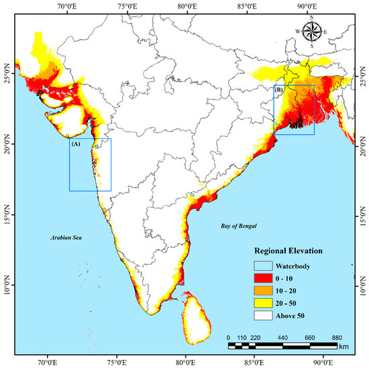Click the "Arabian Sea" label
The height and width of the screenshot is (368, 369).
tap(66, 238)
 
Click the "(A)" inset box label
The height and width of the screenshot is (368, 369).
tap(76, 144)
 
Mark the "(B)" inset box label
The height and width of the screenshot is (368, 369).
tap(280, 90)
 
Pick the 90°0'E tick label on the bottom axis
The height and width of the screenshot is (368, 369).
tap(324, 363)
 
